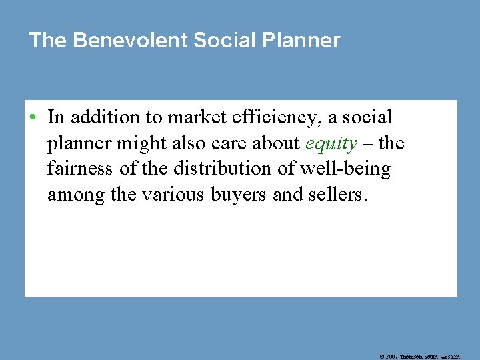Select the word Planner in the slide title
(301, 41)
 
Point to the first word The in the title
(48, 41)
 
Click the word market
(192, 118)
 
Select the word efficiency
(262, 118)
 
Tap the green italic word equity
(331, 144)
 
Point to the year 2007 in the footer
(391, 357)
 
